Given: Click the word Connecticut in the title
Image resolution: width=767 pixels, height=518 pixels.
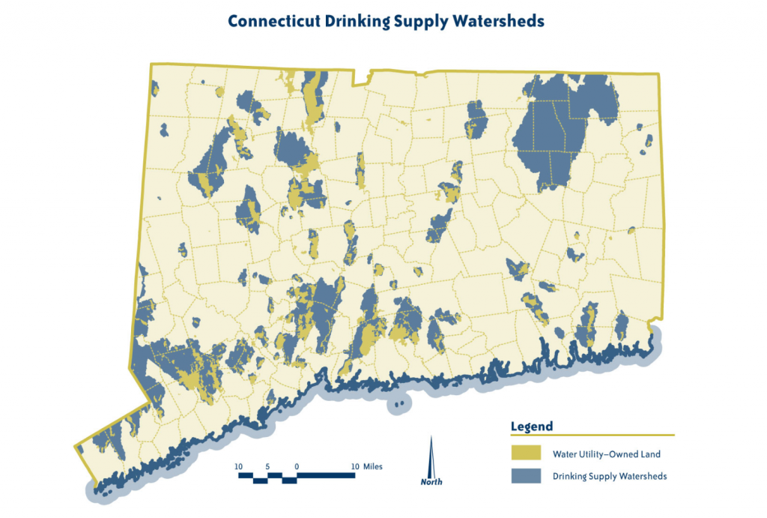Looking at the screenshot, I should (x=275, y=21).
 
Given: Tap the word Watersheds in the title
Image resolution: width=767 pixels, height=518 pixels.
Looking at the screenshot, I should (x=497, y=21).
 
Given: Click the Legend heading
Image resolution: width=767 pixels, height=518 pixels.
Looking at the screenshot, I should (x=532, y=427).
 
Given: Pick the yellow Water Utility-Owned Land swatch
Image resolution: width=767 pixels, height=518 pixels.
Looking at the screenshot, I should (x=525, y=453).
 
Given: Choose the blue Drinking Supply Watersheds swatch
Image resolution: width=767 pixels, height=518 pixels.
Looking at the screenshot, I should (x=525, y=475).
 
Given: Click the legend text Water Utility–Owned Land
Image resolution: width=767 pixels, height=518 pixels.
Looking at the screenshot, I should (x=607, y=454).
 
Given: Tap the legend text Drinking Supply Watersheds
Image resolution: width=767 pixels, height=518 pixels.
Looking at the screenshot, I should (x=610, y=476).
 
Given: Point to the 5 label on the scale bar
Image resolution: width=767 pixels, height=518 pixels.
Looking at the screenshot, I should (x=268, y=466).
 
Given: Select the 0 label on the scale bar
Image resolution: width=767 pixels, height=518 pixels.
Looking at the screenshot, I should (x=297, y=466).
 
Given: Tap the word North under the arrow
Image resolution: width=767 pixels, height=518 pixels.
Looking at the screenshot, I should (x=431, y=482).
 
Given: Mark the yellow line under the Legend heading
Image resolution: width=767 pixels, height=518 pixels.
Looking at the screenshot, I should (x=592, y=435).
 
